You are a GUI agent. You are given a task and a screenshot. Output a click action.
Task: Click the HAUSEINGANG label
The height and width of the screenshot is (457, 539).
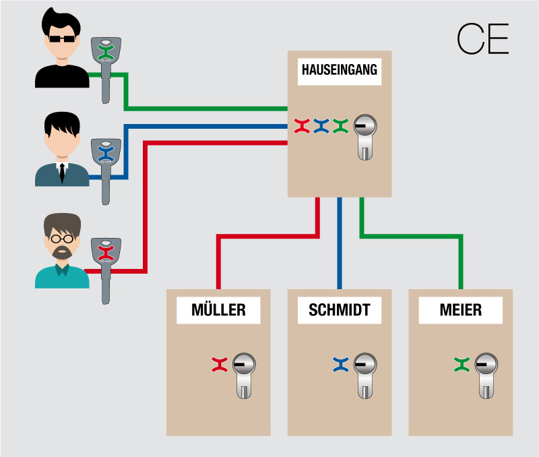tap(340, 70)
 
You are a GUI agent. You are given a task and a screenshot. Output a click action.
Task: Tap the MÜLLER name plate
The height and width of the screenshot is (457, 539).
tap(218, 310)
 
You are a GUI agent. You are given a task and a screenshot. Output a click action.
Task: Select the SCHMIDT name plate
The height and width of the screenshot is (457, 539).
tap(340, 310)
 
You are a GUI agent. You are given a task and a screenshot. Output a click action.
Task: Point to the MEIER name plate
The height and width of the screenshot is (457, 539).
tap(460, 310)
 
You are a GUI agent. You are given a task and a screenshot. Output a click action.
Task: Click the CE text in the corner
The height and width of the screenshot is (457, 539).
tap(482, 40)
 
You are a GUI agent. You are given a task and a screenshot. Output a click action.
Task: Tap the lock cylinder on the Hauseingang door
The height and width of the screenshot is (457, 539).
tap(364, 135)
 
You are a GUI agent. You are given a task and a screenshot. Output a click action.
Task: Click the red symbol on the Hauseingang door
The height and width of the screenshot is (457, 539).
tap(302, 125)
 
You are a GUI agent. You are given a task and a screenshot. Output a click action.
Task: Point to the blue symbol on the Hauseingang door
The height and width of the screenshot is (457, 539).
tap(321, 125)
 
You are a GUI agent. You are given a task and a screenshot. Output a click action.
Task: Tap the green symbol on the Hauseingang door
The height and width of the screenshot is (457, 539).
tap(340, 125)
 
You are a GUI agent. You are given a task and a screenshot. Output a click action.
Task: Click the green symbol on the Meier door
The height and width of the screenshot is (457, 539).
tap(461, 365)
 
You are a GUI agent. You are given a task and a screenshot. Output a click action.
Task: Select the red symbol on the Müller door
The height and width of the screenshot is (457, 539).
tap(219, 365)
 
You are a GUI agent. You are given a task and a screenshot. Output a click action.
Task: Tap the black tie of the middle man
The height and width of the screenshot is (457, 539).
tap(61, 173)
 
